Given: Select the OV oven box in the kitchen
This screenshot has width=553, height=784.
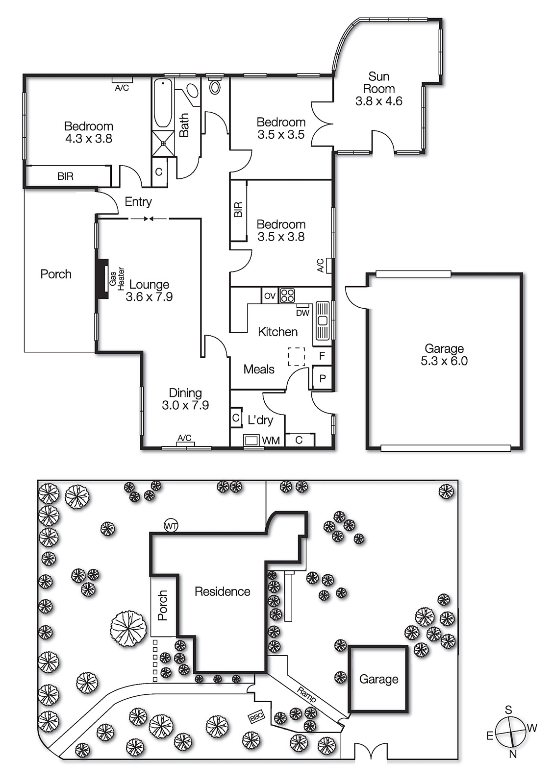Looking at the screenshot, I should [x=270, y=296].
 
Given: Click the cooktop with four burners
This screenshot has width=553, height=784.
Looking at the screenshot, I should [x=287, y=295].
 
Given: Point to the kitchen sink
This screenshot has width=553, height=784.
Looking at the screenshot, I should [x=323, y=320].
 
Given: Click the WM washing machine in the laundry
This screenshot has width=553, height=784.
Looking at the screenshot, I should [x=251, y=440].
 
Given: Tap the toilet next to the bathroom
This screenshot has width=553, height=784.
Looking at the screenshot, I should [x=215, y=87].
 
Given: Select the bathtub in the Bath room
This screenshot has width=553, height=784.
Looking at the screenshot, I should [x=163, y=103].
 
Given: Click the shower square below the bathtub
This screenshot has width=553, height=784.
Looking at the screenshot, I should [x=163, y=143].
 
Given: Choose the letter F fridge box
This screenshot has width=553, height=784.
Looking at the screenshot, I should [x=322, y=356].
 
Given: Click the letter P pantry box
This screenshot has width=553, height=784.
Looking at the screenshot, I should [x=322, y=379].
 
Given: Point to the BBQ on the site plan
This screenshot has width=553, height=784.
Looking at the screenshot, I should [x=256, y=717].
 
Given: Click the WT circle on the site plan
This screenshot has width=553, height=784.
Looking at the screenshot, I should [x=171, y=526].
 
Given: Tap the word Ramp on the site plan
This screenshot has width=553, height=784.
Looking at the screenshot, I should [x=307, y=693].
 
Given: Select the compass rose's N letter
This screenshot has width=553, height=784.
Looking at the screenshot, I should [x=513, y=754].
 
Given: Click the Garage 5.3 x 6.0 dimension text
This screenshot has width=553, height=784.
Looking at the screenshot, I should [x=444, y=361].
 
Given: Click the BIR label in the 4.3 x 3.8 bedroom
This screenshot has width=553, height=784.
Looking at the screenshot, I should [x=65, y=176].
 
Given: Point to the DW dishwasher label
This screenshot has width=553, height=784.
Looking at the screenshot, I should [x=302, y=313].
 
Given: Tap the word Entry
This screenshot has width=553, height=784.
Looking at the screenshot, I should [x=138, y=201].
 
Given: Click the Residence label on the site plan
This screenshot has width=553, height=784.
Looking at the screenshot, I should [x=222, y=591].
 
